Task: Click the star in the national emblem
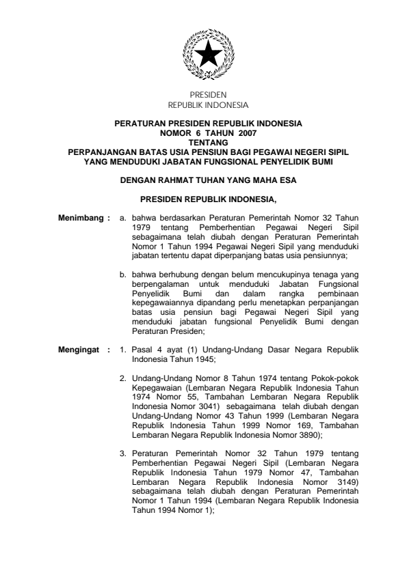(203, 53)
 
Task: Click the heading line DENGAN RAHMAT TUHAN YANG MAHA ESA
(203, 181)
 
